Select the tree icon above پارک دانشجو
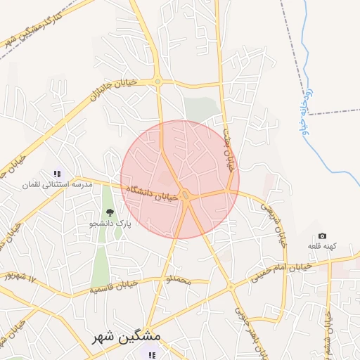109,212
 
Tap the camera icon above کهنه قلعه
322,236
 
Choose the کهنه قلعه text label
323,246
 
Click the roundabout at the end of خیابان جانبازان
157,82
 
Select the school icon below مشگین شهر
152,354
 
